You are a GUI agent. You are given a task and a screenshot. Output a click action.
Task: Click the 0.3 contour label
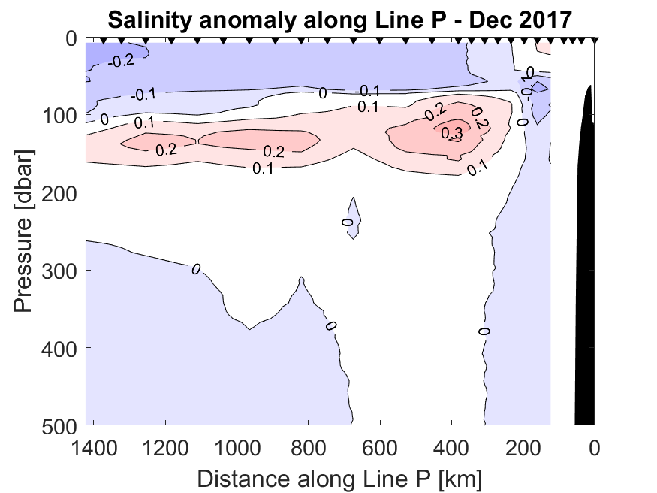[x=452, y=133]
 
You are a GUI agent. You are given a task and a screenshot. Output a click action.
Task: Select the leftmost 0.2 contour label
[x=165, y=149]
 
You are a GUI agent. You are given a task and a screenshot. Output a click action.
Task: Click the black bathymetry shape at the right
[x=586, y=263]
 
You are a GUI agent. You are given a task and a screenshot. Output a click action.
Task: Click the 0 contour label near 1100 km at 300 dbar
[x=196, y=268]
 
